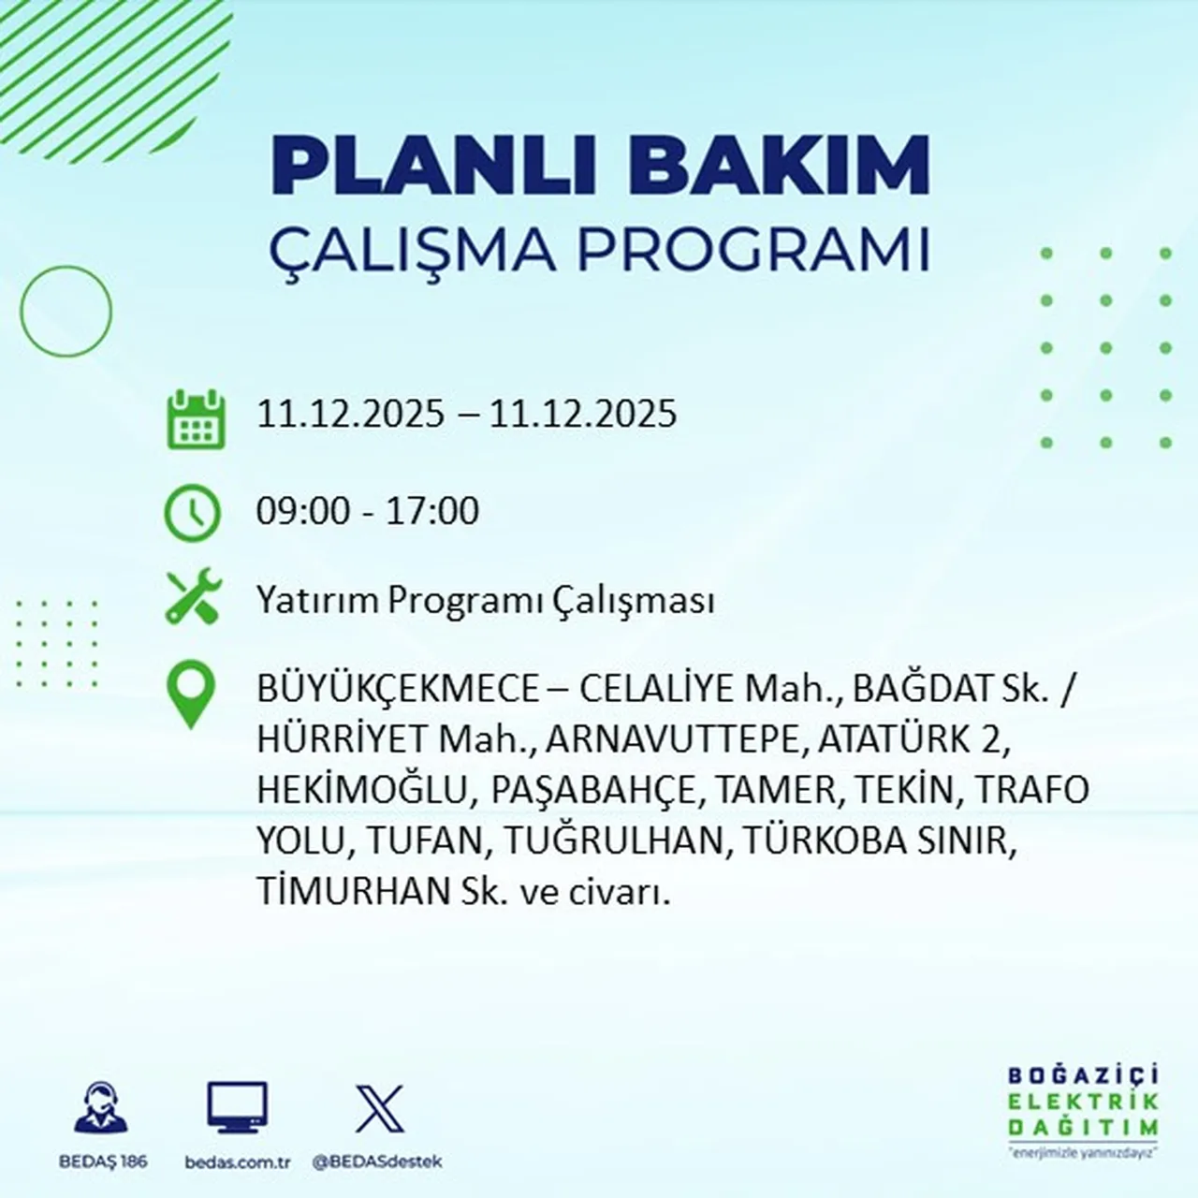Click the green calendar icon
tap(196, 419)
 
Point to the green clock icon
tap(193, 513)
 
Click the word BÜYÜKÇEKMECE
tap(399, 690)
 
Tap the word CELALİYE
tap(657, 690)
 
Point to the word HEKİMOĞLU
tap(361, 791)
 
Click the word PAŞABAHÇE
tap(593, 792)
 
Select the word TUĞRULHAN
tap(615, 841)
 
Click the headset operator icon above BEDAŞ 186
tap(100, 1109)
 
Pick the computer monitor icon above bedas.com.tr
tap(237, 1109)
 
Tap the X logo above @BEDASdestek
tap(379, 1109)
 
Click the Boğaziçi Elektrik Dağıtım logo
tap(1083, 1109)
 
